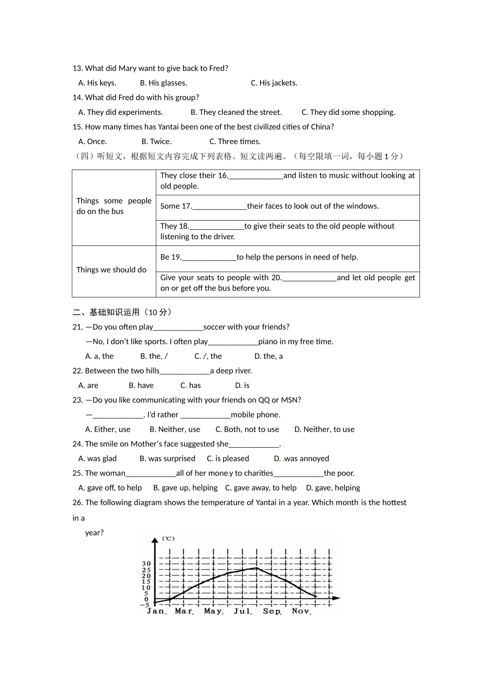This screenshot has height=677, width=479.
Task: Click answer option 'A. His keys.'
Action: (x=97, y=83)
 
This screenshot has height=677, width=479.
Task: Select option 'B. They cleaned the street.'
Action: (x=236, y=112)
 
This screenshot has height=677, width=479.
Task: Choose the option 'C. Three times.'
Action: (x=235, y=142)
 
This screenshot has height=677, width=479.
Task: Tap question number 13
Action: (x=77, y=69)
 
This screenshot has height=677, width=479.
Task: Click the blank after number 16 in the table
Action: (x=256, y=176)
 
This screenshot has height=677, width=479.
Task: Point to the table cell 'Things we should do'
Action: (x=111, y=270)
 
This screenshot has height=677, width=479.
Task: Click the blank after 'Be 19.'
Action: (x=209, y=257)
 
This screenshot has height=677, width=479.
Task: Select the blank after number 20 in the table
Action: (x=309, y=278)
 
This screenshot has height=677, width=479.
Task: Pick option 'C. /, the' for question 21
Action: (x=208, y=356)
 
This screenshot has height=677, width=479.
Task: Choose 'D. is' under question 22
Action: (x=242, y=385)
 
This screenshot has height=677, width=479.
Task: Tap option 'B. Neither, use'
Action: (x=175, y=429)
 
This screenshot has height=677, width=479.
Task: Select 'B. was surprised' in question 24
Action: (x=167, y=458)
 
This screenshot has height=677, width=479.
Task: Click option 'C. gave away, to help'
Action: (x=261, y=488)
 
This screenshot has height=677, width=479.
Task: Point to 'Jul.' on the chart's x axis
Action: (x=243, y=611)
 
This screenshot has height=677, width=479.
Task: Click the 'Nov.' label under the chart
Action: (x=301, y=611)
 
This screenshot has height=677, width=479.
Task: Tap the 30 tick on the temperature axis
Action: (x=146, y=564)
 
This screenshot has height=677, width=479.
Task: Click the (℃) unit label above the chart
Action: (x=168, y=538)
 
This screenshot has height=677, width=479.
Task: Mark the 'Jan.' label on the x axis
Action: (x=156, y=611)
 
